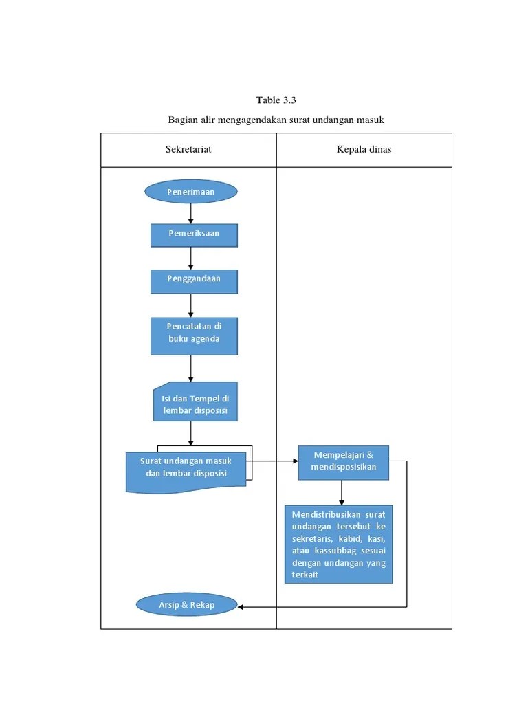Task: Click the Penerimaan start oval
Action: [x=191, y=192]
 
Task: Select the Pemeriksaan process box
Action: [x=194, y=234]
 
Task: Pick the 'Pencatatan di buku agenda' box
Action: [x=194, y=335]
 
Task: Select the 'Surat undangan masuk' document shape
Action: [x=186, y=470]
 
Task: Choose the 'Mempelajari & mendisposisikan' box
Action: [x=342, y=462]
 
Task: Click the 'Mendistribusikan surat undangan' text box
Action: [x=338, y=544]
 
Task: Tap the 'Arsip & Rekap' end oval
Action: [x=187, y=605]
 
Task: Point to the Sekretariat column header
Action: [x=188, y=150]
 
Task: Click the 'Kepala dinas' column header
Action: [x=364, y=150]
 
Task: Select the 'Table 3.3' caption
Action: [x=276, y=100]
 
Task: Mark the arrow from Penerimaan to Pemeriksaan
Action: [x=191, y=214]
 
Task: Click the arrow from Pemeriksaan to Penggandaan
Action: [x=191, y=258]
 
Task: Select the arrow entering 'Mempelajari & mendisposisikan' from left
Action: [x=275, y=461]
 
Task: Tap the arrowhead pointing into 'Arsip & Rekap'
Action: [x=242, y=606]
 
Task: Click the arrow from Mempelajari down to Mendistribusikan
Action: [x=342, y=492]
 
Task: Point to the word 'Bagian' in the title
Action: [x=182, y=120]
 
